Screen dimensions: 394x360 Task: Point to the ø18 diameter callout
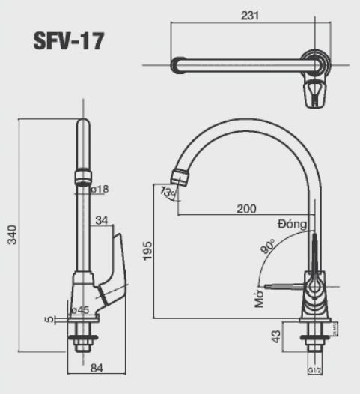pyautogui.click(x=100, y=190)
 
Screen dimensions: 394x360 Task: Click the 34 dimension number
pyautogui.click(x=103, y=219)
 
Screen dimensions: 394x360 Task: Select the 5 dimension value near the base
pyautogui.click(x=49, y=320)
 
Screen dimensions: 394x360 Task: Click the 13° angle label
pyautogui.click(x=168, y=193)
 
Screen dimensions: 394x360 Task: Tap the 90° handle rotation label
pyautogui.click(x=267, y=246)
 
